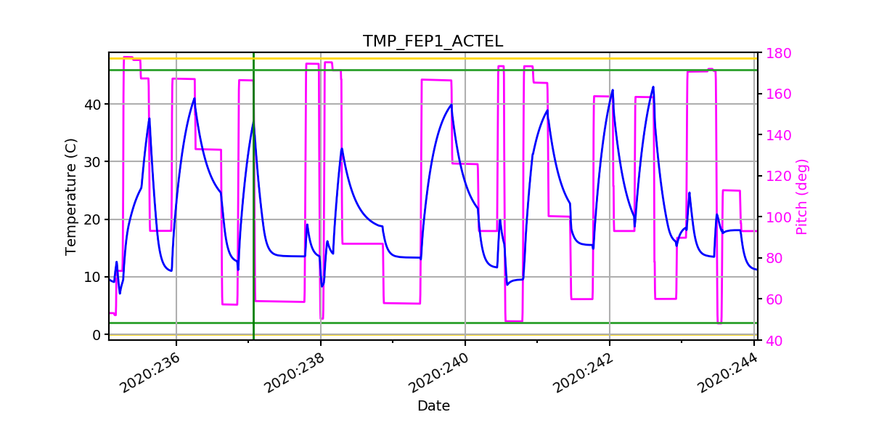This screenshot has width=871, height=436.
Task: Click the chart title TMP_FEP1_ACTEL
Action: (x=433, y=41)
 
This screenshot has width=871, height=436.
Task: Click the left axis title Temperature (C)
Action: (x=70, y=196)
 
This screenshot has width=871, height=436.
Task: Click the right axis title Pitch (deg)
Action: (x=802, y=196)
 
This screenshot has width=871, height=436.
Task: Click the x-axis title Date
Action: (x=433, y=406)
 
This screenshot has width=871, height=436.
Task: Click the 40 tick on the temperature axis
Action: (x=94, y=104)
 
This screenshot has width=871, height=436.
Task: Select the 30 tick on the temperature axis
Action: (x=94, y=161)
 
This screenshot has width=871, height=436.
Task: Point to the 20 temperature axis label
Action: (x=94, y=219)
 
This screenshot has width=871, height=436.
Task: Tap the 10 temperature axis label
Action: (x=94, y=277)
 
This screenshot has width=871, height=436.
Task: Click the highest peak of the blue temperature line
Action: (x=653, y=87)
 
